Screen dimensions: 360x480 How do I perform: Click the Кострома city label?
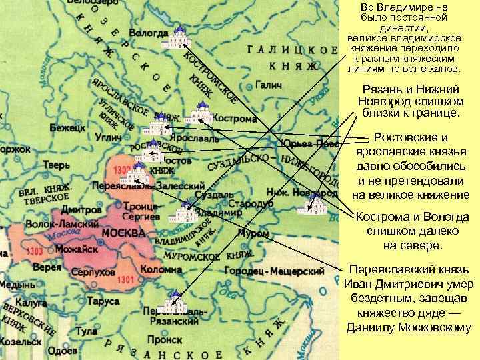[x=235, y=119]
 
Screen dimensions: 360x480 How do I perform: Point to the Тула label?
[x=86, y=331]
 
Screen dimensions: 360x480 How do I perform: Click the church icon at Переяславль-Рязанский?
[x=175, y=303]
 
